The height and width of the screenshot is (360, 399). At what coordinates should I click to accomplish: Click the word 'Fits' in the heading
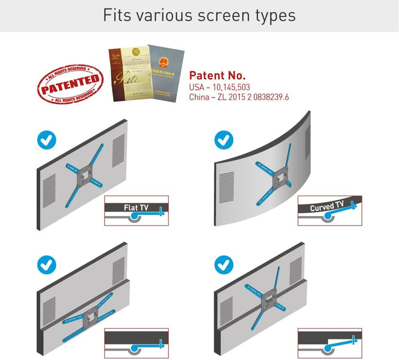point(117,15)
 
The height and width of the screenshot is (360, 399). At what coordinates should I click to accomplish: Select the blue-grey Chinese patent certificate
point(165,72)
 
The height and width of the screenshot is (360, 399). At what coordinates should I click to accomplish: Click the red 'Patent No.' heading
point(217,75)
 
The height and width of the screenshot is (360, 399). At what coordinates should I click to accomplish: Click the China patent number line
point(239,97)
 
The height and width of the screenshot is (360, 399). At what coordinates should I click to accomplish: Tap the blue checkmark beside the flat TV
point(46,140)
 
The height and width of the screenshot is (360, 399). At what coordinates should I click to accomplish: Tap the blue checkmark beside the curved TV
point(224,140)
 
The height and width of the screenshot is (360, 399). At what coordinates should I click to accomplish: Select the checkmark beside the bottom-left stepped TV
point(46,264)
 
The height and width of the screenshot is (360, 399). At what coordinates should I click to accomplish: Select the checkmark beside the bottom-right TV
point(224,263)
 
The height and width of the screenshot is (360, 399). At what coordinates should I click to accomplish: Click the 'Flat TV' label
point(136,208)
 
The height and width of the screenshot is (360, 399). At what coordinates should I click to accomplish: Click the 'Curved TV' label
point(326,207)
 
